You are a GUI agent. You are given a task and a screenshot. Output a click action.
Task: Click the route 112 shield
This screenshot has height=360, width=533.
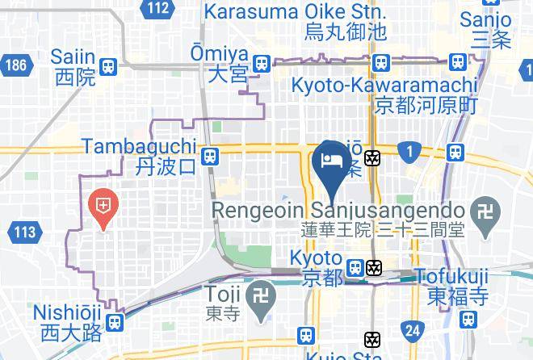pos(159,9)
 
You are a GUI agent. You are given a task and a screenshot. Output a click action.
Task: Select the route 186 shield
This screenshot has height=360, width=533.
pos(15,65)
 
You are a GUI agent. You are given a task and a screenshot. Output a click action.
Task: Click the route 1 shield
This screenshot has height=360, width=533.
pos(410,151)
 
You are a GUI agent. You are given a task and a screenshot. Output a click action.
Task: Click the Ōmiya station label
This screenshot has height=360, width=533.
pos(229,63)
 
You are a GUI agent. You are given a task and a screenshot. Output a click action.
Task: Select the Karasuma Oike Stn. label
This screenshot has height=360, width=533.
pos(296,22)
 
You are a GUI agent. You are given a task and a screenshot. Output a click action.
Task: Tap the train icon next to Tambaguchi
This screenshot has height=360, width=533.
pos(210,156)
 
